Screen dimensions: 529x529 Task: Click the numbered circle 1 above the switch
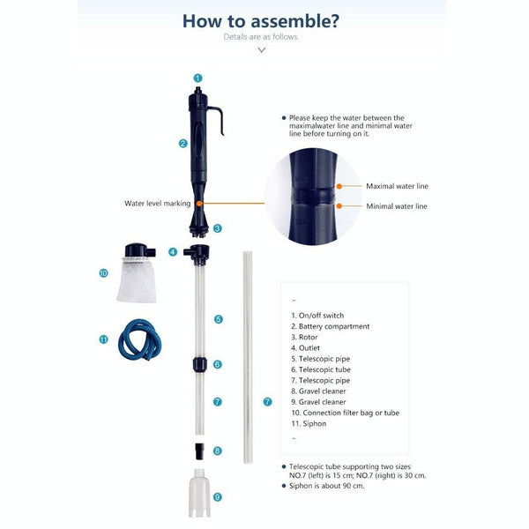[197, 78]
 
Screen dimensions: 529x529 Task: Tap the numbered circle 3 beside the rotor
[217, 228]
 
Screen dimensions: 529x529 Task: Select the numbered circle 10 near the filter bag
[103, 273]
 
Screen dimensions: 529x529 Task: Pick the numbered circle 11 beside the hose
[103, 339]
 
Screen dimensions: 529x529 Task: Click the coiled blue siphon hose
[139, 339]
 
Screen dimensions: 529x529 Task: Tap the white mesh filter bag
[137, 279]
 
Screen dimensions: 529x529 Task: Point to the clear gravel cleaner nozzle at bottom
[199, 493]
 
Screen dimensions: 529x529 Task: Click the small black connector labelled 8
[200, 451]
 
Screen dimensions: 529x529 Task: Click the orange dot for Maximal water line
[339, 186]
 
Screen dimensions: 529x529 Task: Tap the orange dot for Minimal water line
[339, 206]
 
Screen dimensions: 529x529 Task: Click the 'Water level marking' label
[157, 204]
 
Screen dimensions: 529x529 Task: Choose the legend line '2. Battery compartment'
[331, 326]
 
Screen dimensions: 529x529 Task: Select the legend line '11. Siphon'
[309, 424]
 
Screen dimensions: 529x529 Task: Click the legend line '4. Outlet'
[305, 348]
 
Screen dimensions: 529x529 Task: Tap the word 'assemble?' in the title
[294, 21]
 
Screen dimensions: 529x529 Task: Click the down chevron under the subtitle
[262, 50]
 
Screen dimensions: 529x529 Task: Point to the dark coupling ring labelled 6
[198, 365]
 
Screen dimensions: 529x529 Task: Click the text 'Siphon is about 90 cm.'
[326, 486]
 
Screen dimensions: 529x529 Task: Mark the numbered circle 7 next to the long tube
[267, 402]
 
